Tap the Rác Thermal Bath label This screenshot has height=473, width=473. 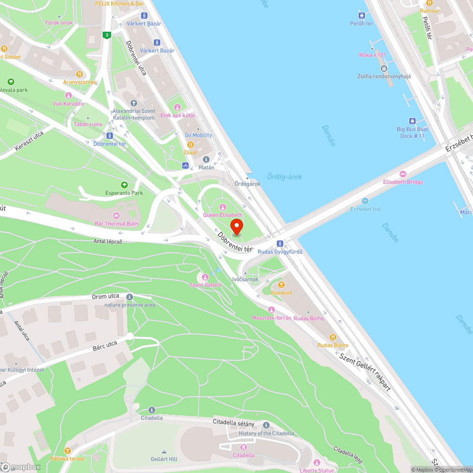(116, 224)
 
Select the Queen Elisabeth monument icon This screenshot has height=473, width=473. (222, 207)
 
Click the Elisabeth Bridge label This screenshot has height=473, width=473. (403, 182)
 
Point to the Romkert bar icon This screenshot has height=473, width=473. (281, 285)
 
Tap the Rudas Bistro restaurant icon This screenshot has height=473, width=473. (333, 337)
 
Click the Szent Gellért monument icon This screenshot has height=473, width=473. (205, 277)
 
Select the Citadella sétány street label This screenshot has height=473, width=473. (234, 422)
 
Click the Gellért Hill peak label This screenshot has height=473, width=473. (164, 459)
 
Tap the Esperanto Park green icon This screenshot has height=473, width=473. (124, 185)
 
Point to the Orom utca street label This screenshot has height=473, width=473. (105, 297)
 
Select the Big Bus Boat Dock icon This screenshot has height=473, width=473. (412, 121)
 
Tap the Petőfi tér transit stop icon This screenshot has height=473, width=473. (362, 15)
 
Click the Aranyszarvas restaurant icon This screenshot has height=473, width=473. (79, 74)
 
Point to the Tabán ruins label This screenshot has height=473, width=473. (88, 124)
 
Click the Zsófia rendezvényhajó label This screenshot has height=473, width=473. (384, 76)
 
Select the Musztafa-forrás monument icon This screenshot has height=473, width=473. (271, 310)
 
